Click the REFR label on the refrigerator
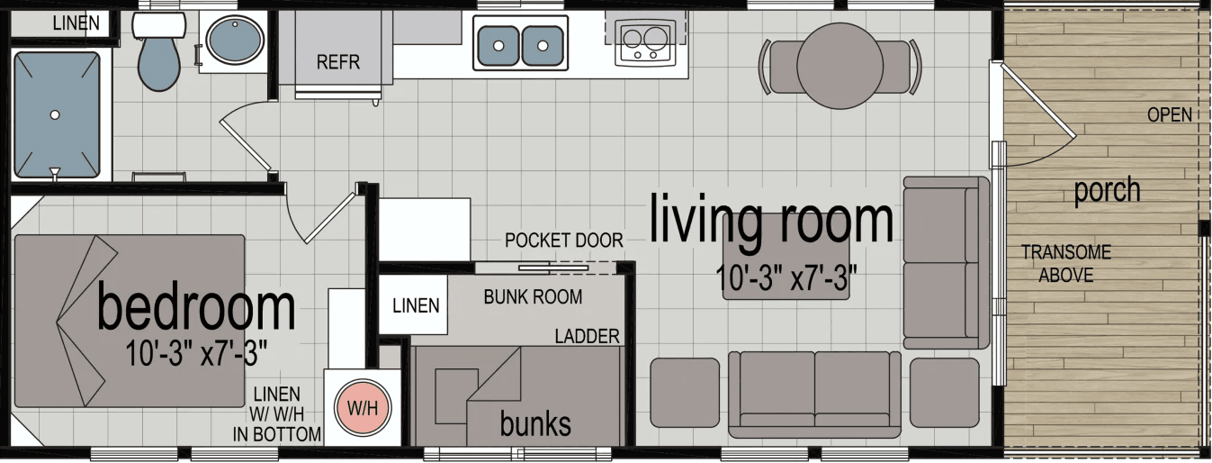tap(338, 62)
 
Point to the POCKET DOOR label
tap(563, 241)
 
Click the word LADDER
tap(587, 337)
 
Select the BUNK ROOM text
tap(533, 296)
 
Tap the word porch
tap(1107, 190)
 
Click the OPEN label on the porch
tap(1170, 114)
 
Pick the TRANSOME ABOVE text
tap(1066, 264)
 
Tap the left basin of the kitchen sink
tap(498, 41)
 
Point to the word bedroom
tap(196, 308)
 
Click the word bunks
tap(535, 422)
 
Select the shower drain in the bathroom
tap(55, 114)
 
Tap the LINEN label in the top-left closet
tap(76, 23)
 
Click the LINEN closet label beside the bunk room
tap(416, 305)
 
